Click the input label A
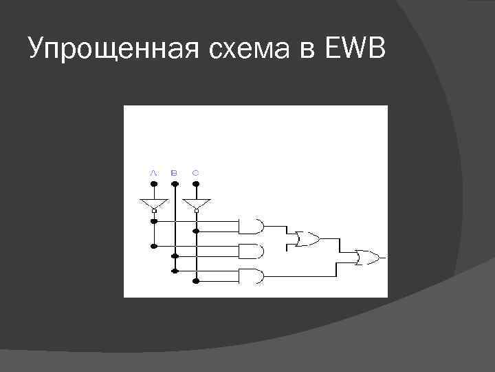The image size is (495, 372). coord(153,172)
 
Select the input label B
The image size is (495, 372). coord(175,172)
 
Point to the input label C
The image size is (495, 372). coord(196,172)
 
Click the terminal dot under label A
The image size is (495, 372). coord(154,185)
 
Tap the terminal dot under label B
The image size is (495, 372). coord(175,185)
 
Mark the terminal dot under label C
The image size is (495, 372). coord(197,185)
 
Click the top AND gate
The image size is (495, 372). coord(251,225)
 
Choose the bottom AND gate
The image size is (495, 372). coord(251,276)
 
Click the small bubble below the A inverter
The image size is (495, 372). coord(154,212)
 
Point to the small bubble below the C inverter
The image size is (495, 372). coord(197,212)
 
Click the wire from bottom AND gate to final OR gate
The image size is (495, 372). coord(302,276)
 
